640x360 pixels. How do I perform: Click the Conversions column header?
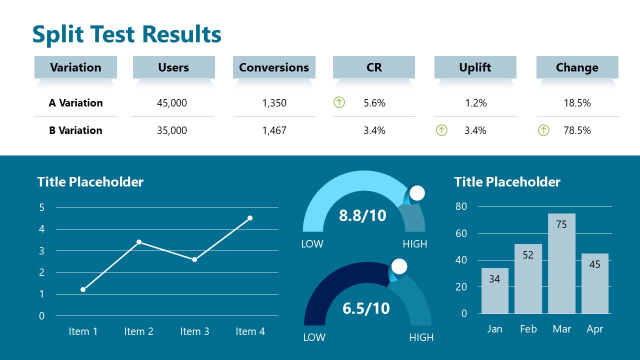pos(274,67)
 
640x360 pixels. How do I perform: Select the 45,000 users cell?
pos(172,103)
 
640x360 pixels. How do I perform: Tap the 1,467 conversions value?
pos(274,130)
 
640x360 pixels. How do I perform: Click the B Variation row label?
pos(75,130)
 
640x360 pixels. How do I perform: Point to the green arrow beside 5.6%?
pos(339,103)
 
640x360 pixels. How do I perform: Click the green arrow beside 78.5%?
pos(543,130)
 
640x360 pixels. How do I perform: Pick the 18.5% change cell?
pos(577,103)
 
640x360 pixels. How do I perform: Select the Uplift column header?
pos(475,67)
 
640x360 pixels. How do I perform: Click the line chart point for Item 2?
pos(139,242)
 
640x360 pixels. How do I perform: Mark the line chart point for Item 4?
pos(250,218)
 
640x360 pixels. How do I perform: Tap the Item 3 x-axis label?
pos(194,331)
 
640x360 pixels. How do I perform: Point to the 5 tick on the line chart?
pos(42,207)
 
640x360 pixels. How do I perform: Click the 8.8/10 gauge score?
pos(362,215)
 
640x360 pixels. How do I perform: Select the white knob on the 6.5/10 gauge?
pos(399,266)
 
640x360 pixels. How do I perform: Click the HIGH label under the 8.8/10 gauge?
pos(415,244)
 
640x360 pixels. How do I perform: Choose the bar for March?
pos(561,263)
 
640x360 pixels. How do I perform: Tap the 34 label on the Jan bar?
pos(494,279)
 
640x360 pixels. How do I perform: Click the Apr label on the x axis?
pos(595,329)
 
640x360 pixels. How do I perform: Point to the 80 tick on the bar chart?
pos(461,206)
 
